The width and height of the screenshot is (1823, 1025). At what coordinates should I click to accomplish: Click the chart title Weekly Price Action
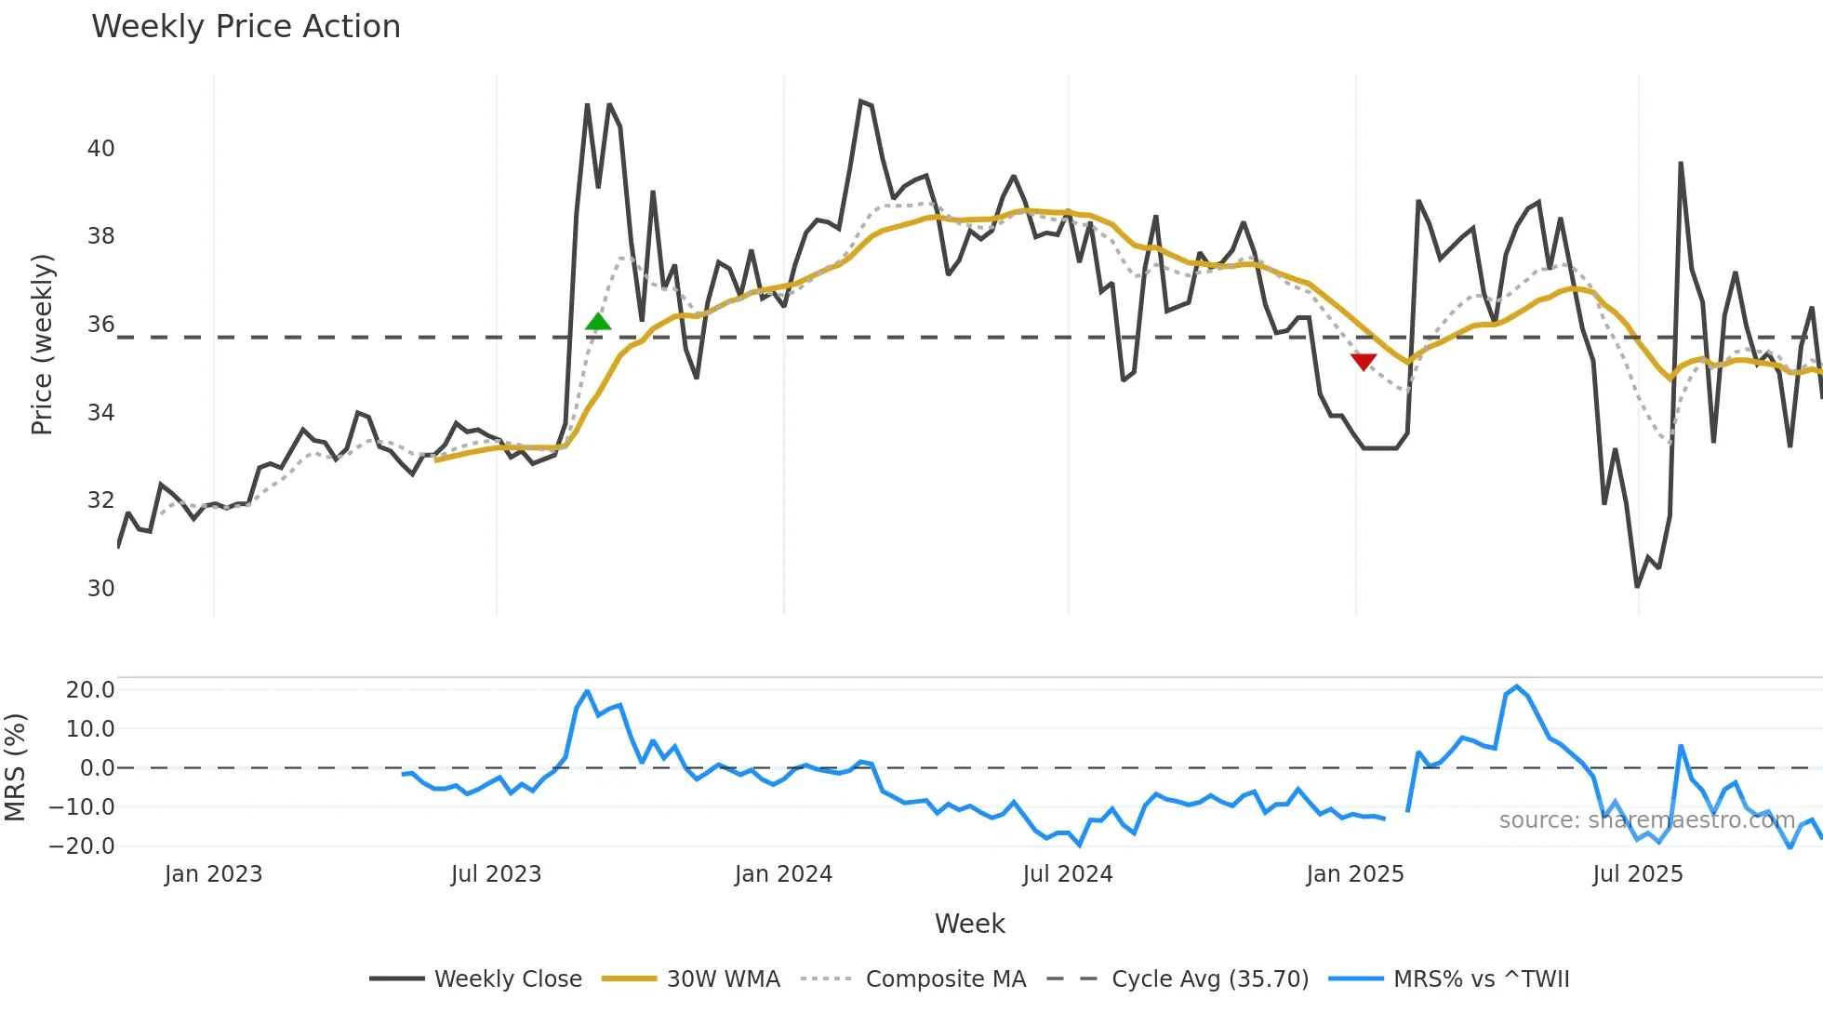246,27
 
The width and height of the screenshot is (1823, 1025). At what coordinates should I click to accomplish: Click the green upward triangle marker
598,322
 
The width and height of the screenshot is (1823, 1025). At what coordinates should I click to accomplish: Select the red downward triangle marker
1364,362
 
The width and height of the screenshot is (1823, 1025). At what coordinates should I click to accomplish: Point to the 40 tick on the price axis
100,149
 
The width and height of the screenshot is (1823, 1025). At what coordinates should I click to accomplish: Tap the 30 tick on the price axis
100,589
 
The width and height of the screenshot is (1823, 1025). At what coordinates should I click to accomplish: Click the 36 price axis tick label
100,325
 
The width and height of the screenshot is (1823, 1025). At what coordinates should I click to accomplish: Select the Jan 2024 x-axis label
783,874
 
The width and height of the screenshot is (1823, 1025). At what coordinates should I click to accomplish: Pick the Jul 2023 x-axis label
496,874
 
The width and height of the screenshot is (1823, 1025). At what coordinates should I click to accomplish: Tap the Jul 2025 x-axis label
1638,874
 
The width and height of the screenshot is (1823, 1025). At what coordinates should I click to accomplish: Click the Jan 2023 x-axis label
213,874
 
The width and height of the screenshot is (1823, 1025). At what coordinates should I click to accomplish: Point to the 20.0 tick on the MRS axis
90,690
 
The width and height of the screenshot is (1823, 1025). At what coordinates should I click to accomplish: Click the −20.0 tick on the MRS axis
83,846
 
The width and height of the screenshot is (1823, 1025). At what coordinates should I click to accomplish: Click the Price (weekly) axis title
42,344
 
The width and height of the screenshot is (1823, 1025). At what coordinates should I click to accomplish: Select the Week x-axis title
969,924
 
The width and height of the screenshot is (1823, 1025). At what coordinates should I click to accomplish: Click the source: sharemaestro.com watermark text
1646,820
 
